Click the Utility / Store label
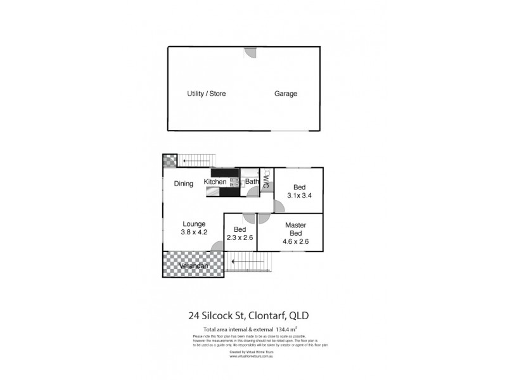[206, 94]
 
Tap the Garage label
[285, 94]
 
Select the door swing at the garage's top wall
[251, 53]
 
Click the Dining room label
[184, 184]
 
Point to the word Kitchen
[215, 182]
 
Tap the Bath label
[252, 182]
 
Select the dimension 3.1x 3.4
[298, 196]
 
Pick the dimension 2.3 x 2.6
[240, 238]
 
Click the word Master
[296, 225]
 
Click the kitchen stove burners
[234, 182]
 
